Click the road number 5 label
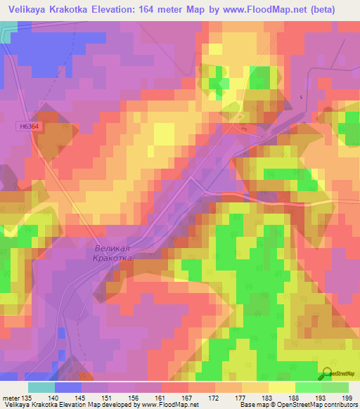(x=302, y=97)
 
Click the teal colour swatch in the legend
(x=41, y=387)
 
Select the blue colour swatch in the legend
(x=67, y=387)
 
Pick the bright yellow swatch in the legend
(x=281, y=387)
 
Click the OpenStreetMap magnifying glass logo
(x=326, y=373)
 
